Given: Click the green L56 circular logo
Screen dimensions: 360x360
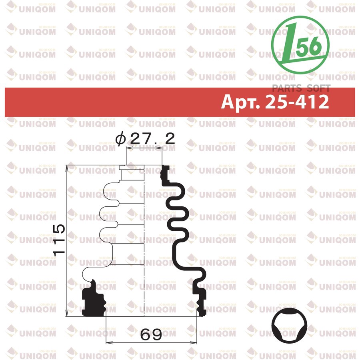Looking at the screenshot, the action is [x=300, y=45].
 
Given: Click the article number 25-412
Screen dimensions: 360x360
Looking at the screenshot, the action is [x=297, y=102].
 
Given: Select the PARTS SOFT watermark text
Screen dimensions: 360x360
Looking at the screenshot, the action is [x=301, y=88].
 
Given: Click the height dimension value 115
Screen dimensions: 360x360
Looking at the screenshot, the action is [x=59, y=240].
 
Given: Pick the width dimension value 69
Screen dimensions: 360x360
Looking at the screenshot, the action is [x=151, y=334].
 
